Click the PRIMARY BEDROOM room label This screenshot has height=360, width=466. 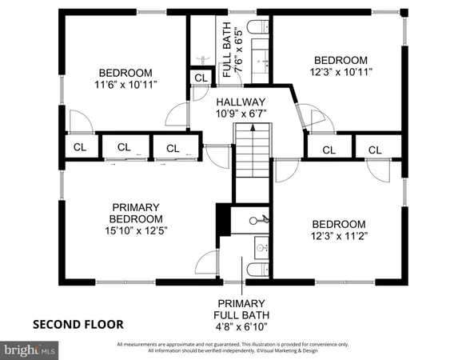(135, 212)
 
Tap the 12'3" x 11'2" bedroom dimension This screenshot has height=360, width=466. (339, 237)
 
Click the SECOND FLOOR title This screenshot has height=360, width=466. (78, 324)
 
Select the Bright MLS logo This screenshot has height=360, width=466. (30, 350)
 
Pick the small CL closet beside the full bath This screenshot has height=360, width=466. (200, 78)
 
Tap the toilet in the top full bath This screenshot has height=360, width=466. (257, 29)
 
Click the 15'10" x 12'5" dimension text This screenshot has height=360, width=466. (135, 230)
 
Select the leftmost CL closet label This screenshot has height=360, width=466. (80, 147)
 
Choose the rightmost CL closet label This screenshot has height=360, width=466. (373, 150)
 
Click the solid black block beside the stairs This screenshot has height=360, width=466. (223, 218)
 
